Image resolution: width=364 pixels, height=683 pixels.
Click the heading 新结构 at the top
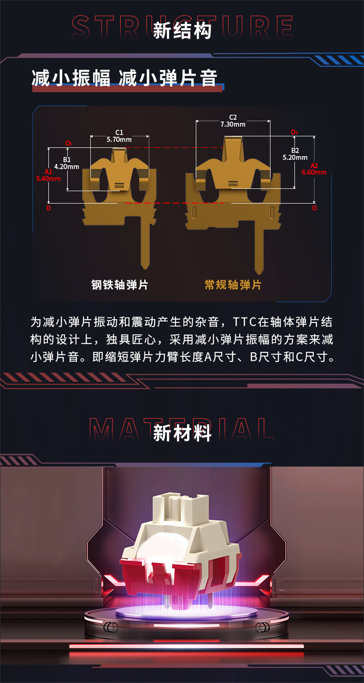pos(182,30)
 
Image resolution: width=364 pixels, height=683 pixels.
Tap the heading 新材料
pos(182,433)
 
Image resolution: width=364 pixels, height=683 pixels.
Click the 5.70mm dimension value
pos(119,140)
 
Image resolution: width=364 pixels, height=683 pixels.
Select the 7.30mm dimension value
pos(233,124)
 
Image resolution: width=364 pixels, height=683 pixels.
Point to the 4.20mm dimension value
pos(66,167)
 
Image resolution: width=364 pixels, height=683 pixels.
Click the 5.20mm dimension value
pos(295,157)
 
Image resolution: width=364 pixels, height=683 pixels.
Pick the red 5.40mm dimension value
pos(48,179)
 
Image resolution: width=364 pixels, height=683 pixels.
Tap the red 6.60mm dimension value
pos(314,172)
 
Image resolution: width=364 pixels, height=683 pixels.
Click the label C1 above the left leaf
pos(119,132)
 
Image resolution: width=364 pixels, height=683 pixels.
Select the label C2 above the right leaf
pos(233,117)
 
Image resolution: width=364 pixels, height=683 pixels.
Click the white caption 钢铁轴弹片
pos(120,285)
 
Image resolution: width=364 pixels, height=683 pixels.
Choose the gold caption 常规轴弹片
pos(233,285)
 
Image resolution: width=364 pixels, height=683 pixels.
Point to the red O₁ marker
pos(69,143)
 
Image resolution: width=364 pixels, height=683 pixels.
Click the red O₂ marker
pos(294,132)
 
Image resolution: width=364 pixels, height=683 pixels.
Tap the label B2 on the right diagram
pos(295,151)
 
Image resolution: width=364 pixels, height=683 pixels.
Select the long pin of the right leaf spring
pos(259,247)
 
